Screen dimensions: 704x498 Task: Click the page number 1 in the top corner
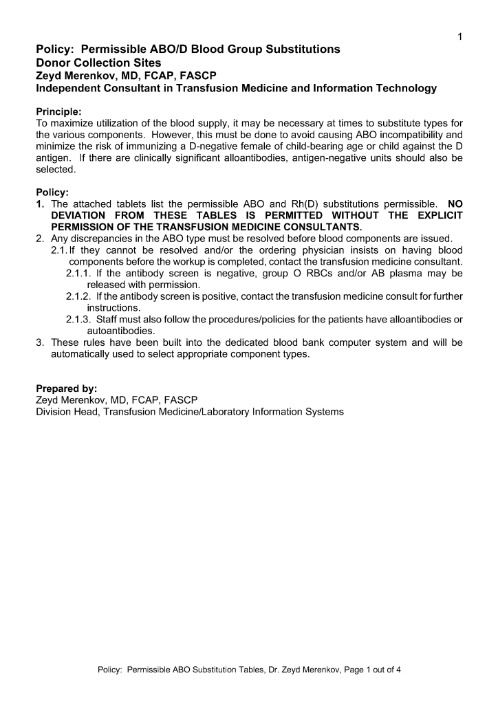pos(459,37)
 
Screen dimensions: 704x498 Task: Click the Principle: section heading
pos(58,111)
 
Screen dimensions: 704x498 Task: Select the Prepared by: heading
pos(66,388)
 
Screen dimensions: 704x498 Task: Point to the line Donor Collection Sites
pos(98,63)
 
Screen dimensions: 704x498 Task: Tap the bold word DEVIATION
pos(83,216)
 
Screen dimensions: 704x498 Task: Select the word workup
pos(298,262)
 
